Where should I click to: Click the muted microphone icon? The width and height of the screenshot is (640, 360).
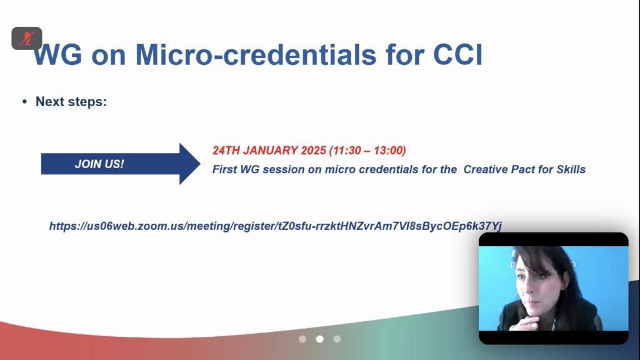click(x=27, y=38)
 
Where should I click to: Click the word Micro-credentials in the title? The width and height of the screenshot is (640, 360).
click(x=256, y=55)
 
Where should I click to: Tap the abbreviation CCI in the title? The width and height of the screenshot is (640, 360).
click(x=457, y=55)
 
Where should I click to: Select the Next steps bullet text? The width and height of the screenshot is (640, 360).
click(x=71, y=102)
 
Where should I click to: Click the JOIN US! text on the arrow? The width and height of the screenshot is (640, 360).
click(x=99, y=164)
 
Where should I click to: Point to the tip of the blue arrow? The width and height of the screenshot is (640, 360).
click(x=200, y=164)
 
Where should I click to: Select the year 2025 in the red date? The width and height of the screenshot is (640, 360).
click(x=314, y=151)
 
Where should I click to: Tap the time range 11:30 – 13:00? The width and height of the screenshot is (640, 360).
click(x=367, y=151)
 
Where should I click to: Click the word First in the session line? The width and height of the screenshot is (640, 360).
click(x=224, y=169)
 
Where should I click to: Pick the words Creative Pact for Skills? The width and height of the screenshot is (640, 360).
click(x=524, y=169)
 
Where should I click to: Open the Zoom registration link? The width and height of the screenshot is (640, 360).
click(x=276, y=226)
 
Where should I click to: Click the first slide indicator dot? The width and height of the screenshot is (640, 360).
click(x=302, y=339)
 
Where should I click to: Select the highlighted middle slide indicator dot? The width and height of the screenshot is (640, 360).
click(x=320, y=339)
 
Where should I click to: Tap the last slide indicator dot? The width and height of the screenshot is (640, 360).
click(x=337, y=339)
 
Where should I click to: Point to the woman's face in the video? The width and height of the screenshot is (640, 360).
click(x=532, y=286)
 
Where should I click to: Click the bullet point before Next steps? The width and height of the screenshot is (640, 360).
click(x=24, y=102)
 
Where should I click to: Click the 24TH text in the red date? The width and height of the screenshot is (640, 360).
click(x=226, y=151)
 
